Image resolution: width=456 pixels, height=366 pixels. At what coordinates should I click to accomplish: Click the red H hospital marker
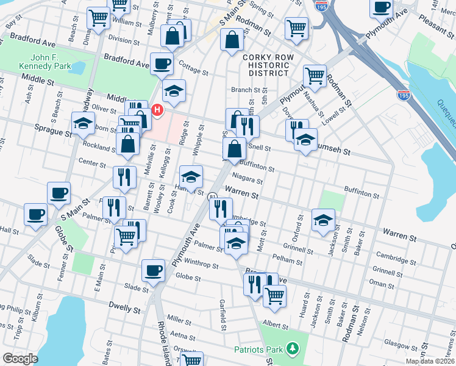(x=157, y=110)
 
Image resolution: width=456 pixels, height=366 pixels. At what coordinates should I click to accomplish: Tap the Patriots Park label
(x=258, y=349)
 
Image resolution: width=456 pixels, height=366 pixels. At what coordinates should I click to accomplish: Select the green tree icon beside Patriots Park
(x=293, y=348)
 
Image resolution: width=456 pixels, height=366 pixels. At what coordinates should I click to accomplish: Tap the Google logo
(x=20, y=359)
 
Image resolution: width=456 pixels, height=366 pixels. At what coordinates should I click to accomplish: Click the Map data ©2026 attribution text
(x=430, y=361)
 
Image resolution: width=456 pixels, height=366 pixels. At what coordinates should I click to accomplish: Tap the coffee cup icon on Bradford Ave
(x=162, y=63)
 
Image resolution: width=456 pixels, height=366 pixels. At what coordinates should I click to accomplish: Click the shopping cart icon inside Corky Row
(x=315, y=76)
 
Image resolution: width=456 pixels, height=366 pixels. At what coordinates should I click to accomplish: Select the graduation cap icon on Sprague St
(x=83, y=122)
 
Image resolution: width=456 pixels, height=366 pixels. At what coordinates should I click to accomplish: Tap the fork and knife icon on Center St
(x=124, y=176)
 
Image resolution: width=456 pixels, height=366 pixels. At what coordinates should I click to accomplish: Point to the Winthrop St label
(x=201, y=265)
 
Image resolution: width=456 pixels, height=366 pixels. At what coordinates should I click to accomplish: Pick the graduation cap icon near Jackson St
(x=323, y=219)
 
